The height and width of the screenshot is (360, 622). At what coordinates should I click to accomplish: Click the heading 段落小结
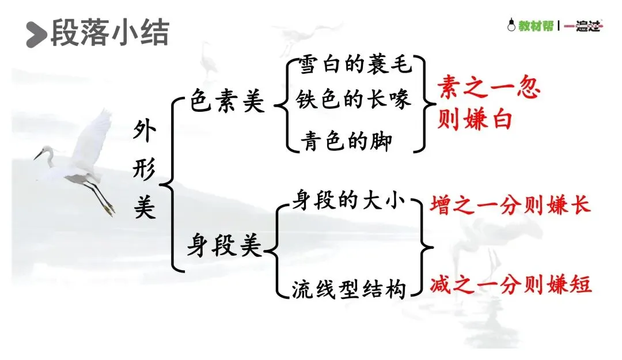pyautogui.click(x=109, y=33)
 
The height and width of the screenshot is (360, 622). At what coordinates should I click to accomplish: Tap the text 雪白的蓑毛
pyautogui.click(x=355, y=66)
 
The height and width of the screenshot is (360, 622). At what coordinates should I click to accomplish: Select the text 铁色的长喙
pyautogui.click(x=354, y=100)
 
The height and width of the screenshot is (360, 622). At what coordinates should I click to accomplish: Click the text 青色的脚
pyautogui.click(x=345, y=141)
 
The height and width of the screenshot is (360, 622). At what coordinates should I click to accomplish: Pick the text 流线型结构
pyautogui.click(x=349, y=289)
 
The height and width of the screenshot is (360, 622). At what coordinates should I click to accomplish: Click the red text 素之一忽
pyautogui.click(x=488, y=89)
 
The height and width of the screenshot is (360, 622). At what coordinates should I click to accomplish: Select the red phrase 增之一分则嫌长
pyautogui.click(x=510, y=206)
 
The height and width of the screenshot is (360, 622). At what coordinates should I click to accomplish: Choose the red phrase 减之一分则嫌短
pyautogui.click(x=510, y=285)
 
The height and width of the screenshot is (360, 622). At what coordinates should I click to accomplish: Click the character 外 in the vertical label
pyautogui.click(x=144, y=134)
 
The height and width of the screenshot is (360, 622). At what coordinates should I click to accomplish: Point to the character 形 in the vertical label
pyautogui.click(x=144, y=170)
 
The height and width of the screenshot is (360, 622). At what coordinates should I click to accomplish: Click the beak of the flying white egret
pyautogui.click(x=39, y=155)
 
